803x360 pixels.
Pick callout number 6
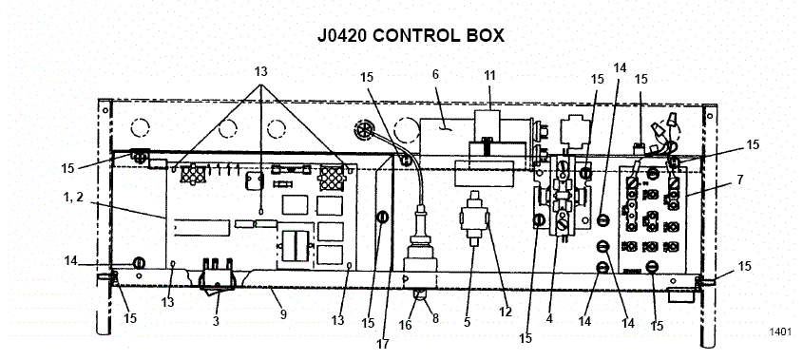436,73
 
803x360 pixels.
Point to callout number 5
467,321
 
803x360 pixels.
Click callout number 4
548,319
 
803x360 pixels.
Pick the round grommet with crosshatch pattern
365,129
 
